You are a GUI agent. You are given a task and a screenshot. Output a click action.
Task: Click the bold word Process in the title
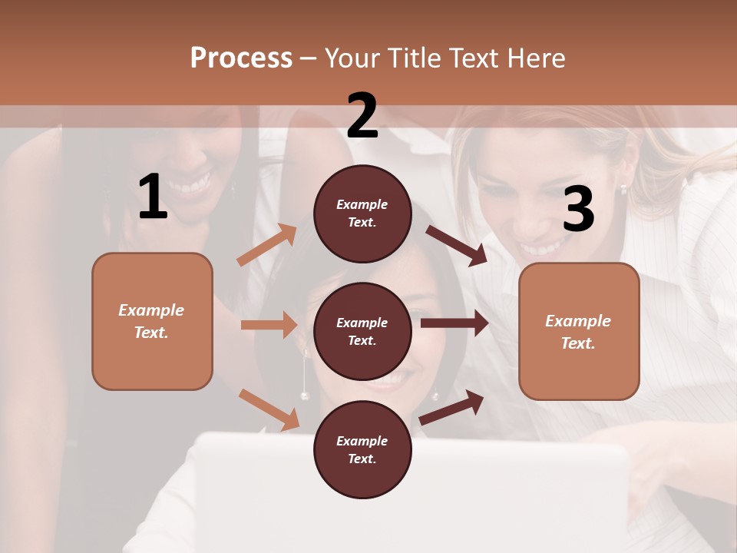(x=241, y=58)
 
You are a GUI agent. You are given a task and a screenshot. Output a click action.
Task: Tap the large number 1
(x=153, y=198)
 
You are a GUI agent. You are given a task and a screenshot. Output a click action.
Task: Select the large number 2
(x=362, y=116)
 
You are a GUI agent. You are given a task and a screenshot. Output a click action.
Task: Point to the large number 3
(x=578, y=210)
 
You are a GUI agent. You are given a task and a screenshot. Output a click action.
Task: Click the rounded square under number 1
(x=152, y=321)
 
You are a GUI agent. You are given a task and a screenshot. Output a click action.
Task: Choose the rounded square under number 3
(x=579, y=331)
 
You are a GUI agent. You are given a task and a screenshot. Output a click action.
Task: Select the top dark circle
(x=362, y=214)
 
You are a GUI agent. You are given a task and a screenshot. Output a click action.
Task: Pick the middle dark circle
(x=362, y=331)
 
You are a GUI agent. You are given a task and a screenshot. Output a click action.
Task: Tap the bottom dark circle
(x=362, y=449)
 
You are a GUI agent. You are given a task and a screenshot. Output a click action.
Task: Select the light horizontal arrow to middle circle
(x=269, y=325)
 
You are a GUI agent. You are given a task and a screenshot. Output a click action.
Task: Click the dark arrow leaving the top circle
(x=458, y=245)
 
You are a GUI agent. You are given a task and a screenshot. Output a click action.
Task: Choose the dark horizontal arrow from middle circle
(x=454, y=323)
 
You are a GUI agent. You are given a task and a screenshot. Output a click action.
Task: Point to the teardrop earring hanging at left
(x=305, y=376)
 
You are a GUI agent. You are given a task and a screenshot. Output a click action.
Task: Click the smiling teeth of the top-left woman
(x=195, y=184)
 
